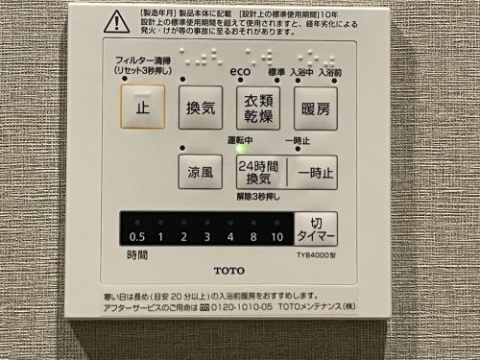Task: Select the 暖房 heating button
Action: click(x=315, y=108)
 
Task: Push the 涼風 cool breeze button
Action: click(x=200, y=172)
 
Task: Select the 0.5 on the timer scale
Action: click(x=137, y=236)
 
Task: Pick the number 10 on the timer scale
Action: click(x=276, y=236)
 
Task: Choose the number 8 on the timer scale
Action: click(x=253, y=236)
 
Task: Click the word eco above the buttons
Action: click(x=240, y=71)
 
